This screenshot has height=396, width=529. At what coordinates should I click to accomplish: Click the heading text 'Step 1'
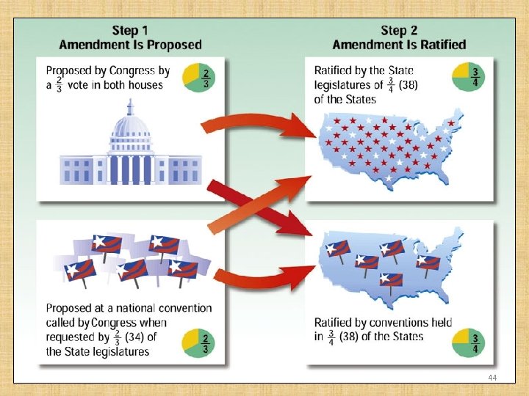tap(130, 31)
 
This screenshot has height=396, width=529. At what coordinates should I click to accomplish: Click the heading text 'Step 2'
tap(399, 31)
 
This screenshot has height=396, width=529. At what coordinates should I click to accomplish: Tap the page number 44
tap(493, 376)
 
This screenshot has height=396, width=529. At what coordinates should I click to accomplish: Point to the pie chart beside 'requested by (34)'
tap(199, 342)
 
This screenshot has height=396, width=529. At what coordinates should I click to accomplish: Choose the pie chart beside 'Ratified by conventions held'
tap(467, 342)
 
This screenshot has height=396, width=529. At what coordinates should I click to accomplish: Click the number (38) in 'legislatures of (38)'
tap(414, 85)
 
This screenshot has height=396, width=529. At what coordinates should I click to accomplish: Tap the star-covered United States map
tap(389, 147)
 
